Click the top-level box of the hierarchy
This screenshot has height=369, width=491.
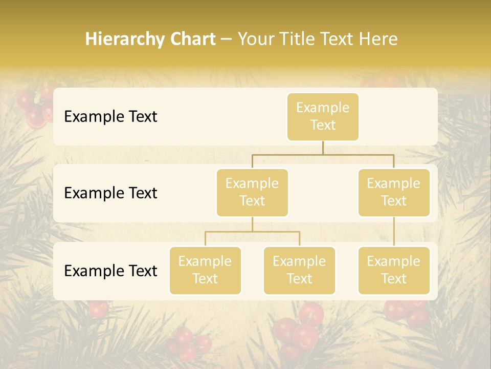tap(323, 116)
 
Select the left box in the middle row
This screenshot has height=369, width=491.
tap(252, 192)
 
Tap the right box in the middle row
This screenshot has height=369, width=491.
tap(394, 192)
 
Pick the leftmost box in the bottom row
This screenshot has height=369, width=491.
tap(205, 270)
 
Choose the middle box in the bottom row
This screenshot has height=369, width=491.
tap(299, 270)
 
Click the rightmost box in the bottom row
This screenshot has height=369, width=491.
tap(394, 270)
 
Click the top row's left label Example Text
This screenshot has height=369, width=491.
tap(110, 117)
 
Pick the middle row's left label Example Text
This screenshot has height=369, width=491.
tap(110, 193)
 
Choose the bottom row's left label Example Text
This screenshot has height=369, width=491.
tap(110, 271)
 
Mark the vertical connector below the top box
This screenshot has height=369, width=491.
tap(323, 148)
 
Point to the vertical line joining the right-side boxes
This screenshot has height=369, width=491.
tap(394, 232)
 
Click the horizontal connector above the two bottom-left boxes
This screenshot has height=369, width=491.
tap(252, 232)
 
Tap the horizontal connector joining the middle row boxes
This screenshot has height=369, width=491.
tap(323, 154)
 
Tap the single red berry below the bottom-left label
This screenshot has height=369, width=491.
tap(98, 309)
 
